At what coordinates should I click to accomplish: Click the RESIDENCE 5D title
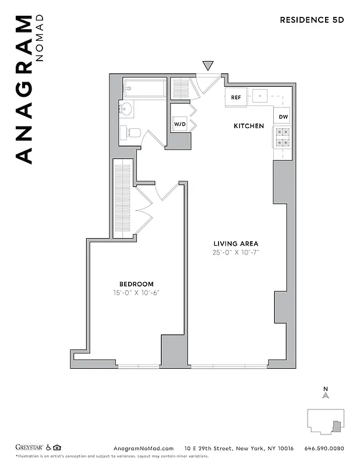click(x=312, y=19)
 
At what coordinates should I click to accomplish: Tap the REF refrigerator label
click(x=236, y=97)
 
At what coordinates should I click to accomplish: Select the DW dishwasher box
click(x=283, y=116)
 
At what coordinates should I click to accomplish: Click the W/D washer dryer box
click(x=179, y=124)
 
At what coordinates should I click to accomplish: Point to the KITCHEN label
click(x=249, y=126)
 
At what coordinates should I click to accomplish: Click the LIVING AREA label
click(x=235, y=243)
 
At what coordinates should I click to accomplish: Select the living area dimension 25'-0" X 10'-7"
click(x=235, y=253)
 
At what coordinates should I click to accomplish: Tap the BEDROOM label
click(x=136, y=284)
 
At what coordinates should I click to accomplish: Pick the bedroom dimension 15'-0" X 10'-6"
click(x=136, y=293)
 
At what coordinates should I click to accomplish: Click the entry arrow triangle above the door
click(x=208, y=66)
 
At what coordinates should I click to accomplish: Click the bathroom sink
click(x=126, y=109)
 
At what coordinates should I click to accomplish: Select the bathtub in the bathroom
click(x=144, y=89)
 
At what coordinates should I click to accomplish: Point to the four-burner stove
click(x=282, y=138)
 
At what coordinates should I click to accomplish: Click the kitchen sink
click(x=259, y=95)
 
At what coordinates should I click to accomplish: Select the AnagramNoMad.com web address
click(x=143, y=448)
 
